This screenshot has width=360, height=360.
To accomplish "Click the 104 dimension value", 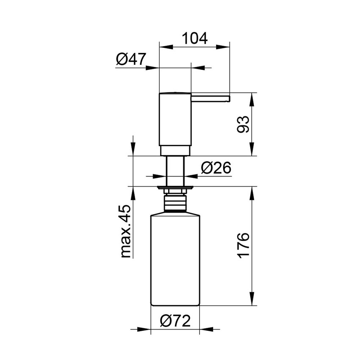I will click(x=195, y=39).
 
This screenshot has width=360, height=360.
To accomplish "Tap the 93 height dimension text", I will click(x=243, y=124).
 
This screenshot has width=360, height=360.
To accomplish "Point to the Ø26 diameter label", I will click(x=216, y=168).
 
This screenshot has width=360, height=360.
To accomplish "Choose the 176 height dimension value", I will click(x=243, y=245).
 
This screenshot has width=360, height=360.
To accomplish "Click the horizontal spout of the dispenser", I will click(x=210, y=98).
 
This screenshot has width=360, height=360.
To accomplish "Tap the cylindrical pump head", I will click(x=175, y=119).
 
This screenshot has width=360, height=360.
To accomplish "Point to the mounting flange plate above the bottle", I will click(x=175, y=187).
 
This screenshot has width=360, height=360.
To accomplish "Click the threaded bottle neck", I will click(x=175, y=202).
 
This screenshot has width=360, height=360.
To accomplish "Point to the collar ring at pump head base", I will click(x=175, y=151).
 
